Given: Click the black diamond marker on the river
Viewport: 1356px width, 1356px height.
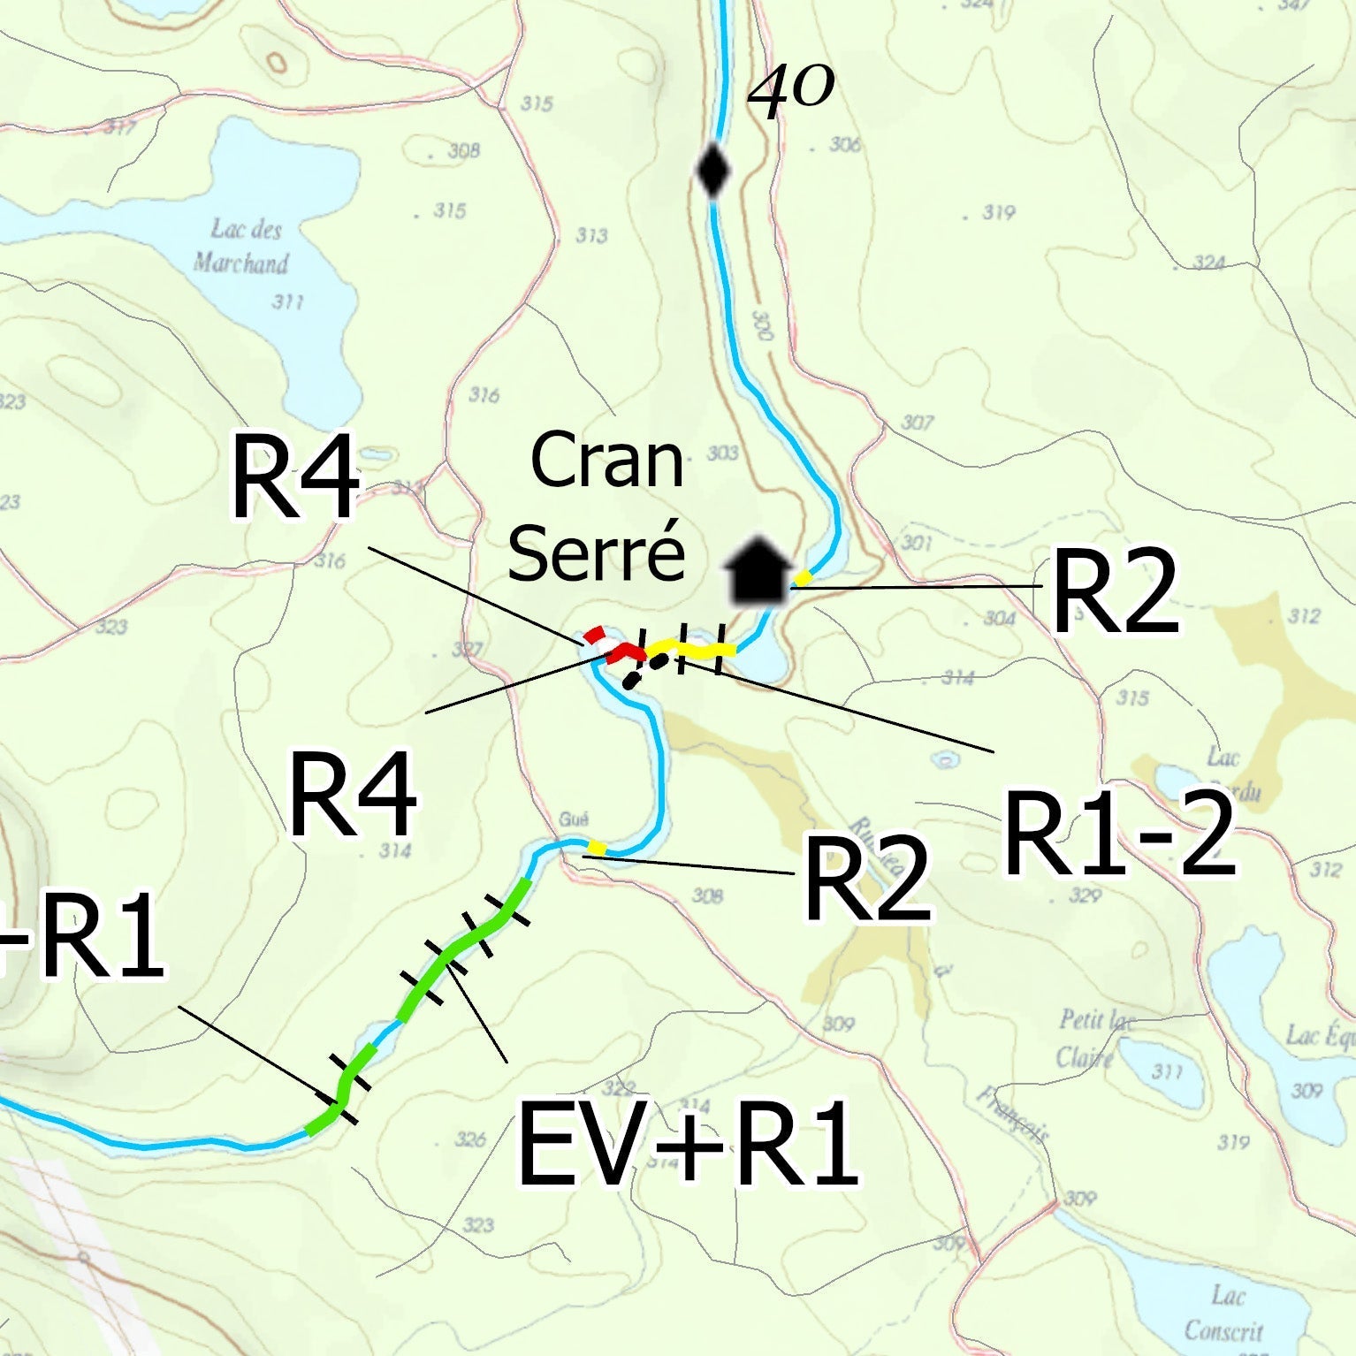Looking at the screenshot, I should [712, 171].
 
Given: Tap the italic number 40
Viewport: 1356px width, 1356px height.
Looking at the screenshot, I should [790, 91].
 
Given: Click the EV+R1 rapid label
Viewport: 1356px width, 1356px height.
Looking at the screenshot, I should [687, 1144].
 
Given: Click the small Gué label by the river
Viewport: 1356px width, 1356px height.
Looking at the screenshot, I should [574, 819].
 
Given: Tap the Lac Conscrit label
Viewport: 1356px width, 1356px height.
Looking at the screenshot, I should [1225, 1313].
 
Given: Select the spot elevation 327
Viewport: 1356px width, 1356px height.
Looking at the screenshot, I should [467, 650].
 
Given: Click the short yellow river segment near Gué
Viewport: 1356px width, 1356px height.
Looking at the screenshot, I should [597, 849].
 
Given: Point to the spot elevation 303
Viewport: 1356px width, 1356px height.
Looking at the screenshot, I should [722, 453].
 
